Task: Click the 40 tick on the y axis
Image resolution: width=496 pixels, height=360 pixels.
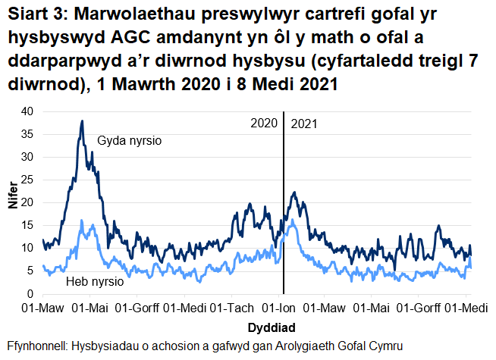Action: point(28,111)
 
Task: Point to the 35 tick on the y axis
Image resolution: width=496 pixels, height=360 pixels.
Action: point(28,134)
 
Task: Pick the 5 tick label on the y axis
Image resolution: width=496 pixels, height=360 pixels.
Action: point(31,271)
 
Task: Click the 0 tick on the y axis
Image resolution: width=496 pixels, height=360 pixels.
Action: point(31,293)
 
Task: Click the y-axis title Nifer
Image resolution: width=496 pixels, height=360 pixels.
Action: point(11,203)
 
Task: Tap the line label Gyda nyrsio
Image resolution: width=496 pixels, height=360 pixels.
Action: point(130,141)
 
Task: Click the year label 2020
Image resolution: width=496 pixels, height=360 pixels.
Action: point(264,123)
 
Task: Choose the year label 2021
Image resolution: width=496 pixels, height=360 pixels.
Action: point(304,123)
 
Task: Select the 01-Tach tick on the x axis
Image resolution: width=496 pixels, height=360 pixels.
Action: point(231,308)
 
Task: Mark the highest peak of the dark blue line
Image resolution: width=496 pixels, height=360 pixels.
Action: point(81,121)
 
